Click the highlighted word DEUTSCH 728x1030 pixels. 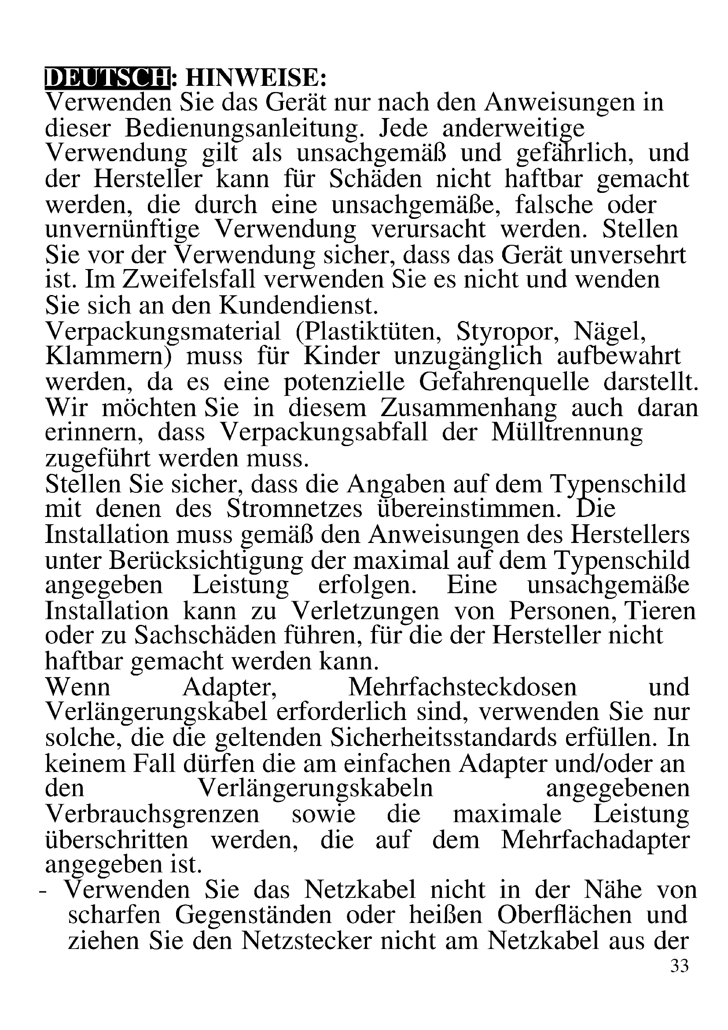107,78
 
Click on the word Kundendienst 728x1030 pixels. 298,306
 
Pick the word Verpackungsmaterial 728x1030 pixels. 163,332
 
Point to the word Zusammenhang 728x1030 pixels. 468,408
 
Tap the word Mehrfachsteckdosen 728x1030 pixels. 463,687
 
